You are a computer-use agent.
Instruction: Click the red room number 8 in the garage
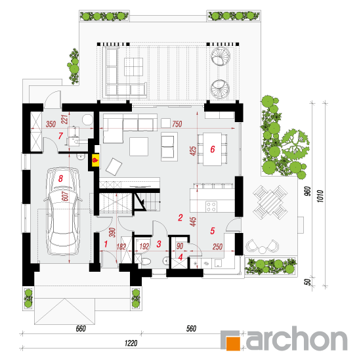coord(60,179)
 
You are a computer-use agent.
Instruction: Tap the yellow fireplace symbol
coord(96,160)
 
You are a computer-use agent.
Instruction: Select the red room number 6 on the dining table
coord(213,149)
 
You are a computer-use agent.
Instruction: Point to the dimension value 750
coord(177,124)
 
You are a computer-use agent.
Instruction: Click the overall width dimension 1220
coord(131,343)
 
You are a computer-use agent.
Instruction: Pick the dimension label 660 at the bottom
coord(81,329)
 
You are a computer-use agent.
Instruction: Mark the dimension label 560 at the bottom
coord(191,329)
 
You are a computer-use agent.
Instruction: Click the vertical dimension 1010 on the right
coord(320,196)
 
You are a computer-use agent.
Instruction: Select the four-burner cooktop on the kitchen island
coord(211,206)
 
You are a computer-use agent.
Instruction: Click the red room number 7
coord(60,136)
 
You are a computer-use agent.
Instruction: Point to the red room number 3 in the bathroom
coord(159,244)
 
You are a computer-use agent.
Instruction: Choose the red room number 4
coord(180,257)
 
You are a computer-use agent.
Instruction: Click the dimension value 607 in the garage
coord(65,196)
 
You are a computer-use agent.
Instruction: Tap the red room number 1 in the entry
coord(106,244)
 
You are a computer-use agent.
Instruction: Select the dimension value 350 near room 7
coord(51,124)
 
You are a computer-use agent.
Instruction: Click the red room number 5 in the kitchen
coord(213,230)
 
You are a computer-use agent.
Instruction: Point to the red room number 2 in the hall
coord(180,217)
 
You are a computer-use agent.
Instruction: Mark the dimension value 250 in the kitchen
coord(217,247)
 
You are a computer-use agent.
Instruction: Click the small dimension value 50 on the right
coord(308,282)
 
